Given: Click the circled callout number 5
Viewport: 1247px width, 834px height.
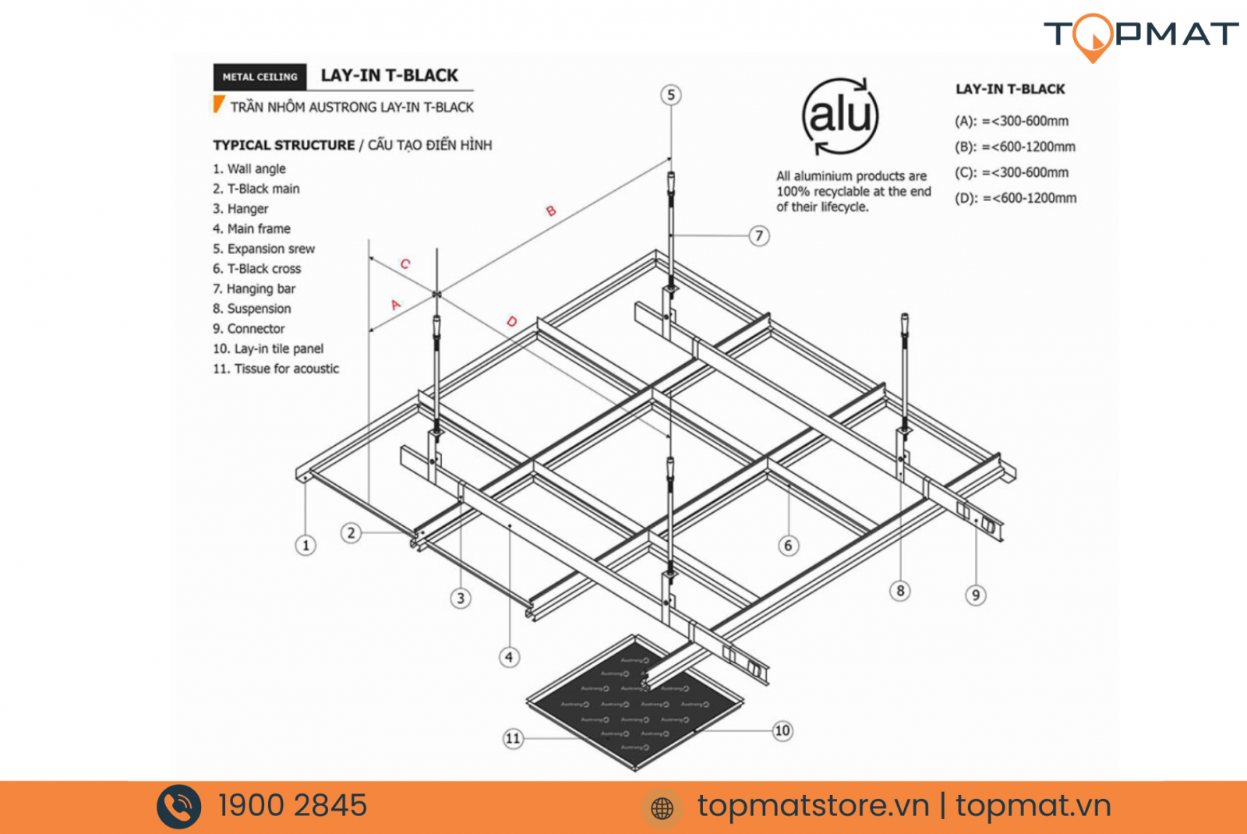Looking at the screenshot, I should (x=671, y=95).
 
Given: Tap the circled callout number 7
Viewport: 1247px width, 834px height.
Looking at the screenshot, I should (x=759, y=235).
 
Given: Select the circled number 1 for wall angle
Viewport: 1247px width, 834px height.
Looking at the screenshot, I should (x=306, y=546).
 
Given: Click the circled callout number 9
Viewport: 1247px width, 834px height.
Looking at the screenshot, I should (x=976, y=595).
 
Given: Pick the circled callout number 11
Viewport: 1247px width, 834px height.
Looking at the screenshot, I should (x=513, y=738).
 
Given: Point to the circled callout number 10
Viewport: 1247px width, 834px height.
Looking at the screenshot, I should (x=782, y=730).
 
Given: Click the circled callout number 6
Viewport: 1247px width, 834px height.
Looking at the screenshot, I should (x=788, y=546).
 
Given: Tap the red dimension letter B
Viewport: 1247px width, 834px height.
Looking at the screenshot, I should (x=551, y=210).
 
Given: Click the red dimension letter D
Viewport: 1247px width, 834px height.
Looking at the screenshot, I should (x=511, y=321).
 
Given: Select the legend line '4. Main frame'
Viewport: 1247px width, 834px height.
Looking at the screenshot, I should (x=252, y=228).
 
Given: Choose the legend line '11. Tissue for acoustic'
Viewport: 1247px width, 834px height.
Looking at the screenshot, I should (x=276, y=369).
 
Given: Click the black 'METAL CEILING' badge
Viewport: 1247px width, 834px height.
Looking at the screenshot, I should (x=260, y=77).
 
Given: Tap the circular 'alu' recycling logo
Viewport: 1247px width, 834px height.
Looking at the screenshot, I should (x=840, y=115).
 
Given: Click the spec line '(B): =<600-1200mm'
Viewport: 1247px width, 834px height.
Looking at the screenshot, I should (x=1015, y=147).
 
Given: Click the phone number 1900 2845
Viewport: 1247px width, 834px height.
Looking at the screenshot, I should (x=292, y=806).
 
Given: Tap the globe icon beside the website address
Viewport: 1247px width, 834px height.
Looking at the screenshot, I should (x=662, y=808).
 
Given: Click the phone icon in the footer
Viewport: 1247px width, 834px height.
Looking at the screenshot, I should (x=179, y=807).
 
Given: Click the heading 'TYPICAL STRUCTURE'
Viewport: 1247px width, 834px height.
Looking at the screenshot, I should (x=284, y=145).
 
